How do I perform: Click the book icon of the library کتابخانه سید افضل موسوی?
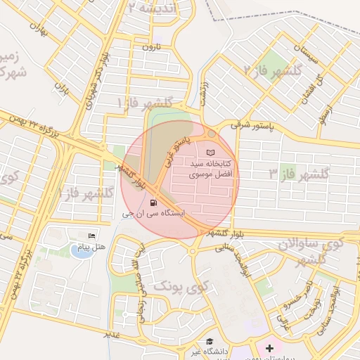(211, 153)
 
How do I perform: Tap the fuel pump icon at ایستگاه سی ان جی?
(154, 202)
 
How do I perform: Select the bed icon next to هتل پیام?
(91, 236)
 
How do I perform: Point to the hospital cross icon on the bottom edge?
(269, 348)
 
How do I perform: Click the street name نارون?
(153, 47)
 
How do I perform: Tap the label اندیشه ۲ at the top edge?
(159, 7)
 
